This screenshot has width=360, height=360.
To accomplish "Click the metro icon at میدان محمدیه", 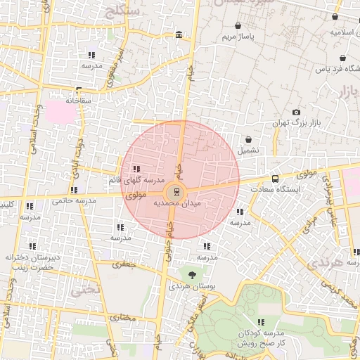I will click(176, 191).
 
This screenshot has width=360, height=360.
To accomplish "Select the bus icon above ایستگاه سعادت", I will click(274, 179).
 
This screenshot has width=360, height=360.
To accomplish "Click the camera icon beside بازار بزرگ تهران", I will click(296, 112).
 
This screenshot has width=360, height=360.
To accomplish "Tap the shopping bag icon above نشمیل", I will click(248, 139).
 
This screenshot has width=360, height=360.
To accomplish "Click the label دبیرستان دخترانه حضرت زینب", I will click(31, 262).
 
